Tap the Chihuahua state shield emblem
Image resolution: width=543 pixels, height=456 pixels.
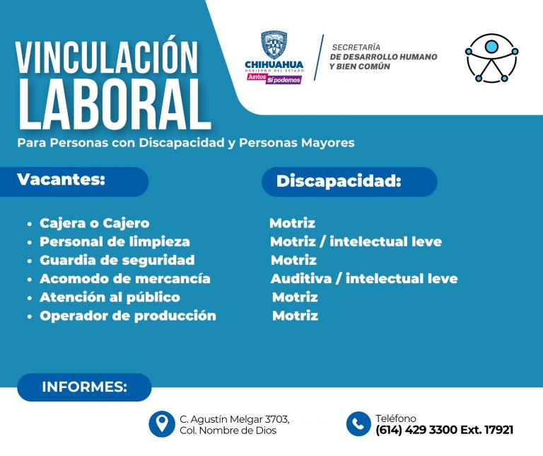pyautogui.click(x=274, y=45)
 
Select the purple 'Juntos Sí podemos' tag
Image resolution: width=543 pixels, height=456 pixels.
pyautogui.click(x=274, y=79)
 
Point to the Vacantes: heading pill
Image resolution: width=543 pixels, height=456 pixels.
pyautogui.click(x=81, y=181)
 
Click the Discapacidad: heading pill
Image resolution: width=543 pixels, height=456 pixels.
pyautogui.click(x=349, y=181)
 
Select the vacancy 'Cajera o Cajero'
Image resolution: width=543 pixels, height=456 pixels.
pyautogui.click(x=94, y=223)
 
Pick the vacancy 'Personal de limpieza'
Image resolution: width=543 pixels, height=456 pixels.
pyautogui.click(x=114, y=241)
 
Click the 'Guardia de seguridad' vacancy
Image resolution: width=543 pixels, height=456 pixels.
pyautogui.click(x=117, y=260)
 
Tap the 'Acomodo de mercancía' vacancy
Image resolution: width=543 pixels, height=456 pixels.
pyautogui.click(x=124, y=278)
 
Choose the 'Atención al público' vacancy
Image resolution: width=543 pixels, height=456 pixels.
pyautogui.click(x=110, y=297)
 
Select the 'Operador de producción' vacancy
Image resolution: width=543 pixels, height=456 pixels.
pyautogui.click(x=127, y=315)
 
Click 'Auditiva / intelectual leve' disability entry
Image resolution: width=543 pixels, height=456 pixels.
pyautogui.click(x=363, y=278)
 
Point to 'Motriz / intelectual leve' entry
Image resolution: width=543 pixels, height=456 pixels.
pyautogui.click(x=356, y=241)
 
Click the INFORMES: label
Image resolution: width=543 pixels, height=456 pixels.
pyautogui.click(x=84, y=387)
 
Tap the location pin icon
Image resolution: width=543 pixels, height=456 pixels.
pyautogui.click(x=162, y=423)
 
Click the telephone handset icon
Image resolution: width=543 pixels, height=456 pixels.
pyautogui.click(x=359, y=423)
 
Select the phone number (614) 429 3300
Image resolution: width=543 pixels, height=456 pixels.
pyautogui.click(x=416, y=430)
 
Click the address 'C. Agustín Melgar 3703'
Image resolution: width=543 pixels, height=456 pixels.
pyautogui.click(x=235, y=418)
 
